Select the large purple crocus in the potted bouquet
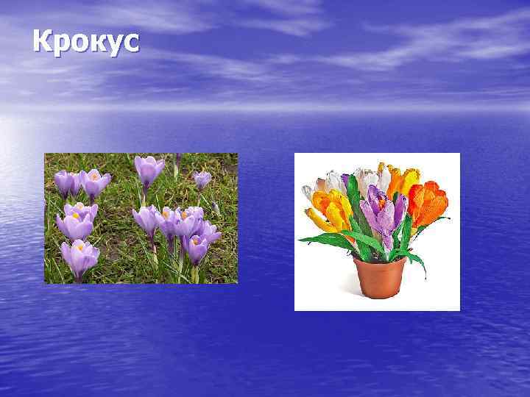click(x=382, y=213)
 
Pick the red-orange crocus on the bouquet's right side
click(x=428, y=202)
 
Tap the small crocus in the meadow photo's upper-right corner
click(x=202, y=179)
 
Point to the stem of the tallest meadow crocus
click(x=147, y=193)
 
